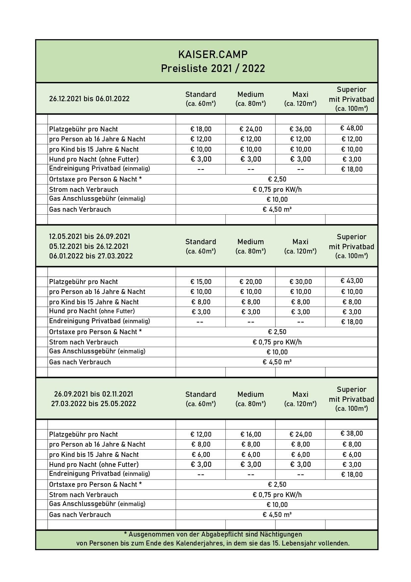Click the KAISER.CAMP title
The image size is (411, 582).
(213, 54)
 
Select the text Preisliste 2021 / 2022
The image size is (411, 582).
(213, 69)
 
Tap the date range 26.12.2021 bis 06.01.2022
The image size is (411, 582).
(89, 99)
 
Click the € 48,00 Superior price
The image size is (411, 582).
(351, 128)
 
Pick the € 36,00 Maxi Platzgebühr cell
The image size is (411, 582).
(300, 129)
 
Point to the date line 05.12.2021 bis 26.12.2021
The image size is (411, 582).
(88, 247)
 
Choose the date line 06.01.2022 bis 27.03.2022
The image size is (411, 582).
(91, 256)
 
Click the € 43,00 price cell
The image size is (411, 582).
(351, 281)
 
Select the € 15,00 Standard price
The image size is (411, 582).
(201, 282)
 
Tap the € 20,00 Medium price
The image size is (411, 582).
(251, 282)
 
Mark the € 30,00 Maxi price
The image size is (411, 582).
(300, 282)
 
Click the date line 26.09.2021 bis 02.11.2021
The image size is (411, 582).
(93, 394)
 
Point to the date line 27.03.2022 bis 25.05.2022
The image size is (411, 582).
(93, 404)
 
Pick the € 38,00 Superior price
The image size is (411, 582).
(351, 434)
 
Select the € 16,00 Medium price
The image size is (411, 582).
(251, 434)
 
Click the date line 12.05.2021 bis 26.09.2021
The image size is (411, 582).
(89, 237)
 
